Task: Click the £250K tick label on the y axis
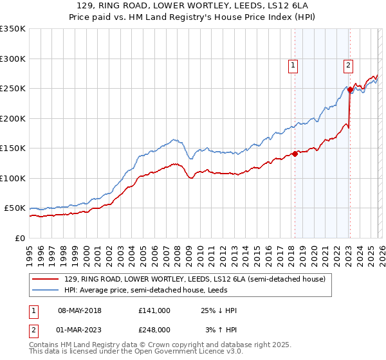tap(13, 88)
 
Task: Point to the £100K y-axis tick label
tap(13, 178)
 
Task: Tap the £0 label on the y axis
tap(19, 239)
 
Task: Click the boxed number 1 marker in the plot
tap(293, 64)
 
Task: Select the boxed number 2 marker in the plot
tap(348, 64)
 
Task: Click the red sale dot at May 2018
tap(295, 154)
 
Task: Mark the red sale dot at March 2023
tap(349, 89)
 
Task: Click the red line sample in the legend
tap(46, 280)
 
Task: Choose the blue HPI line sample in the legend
tap(46, 291)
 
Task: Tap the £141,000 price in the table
tap(154, 310)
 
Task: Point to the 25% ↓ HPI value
tap(219, 310)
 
